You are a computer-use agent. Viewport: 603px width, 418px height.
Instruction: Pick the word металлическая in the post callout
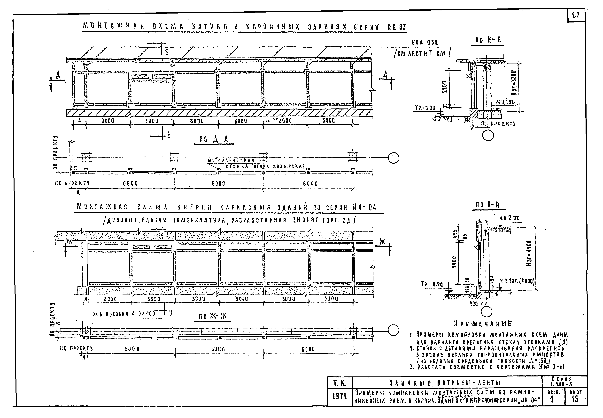coord(231,160)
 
